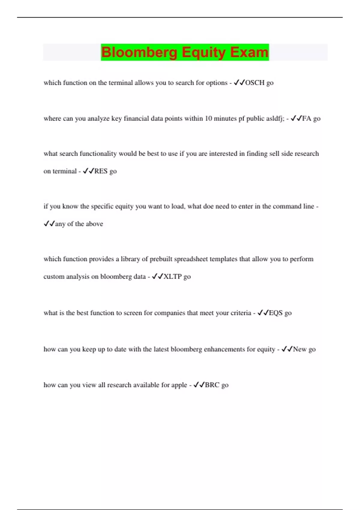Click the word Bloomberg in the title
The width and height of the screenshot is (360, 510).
[x=139, y=52]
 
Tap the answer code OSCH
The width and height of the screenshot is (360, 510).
[x=255, y=83]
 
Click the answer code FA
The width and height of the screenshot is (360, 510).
[x=307, y=118]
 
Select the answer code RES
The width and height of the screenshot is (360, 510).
[x=101, y=171]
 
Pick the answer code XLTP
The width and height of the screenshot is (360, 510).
[x=172, y=277]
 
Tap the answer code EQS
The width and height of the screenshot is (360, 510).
[x=276, y=313]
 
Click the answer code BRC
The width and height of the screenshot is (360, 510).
[x=212, y=385]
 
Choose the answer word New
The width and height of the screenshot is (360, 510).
[x=300, y=349]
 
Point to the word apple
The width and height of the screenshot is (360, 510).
[x=179, y=385]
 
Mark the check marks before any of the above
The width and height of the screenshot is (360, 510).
[x=49, y=224]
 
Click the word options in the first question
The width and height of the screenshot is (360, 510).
[x=217, y=83]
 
